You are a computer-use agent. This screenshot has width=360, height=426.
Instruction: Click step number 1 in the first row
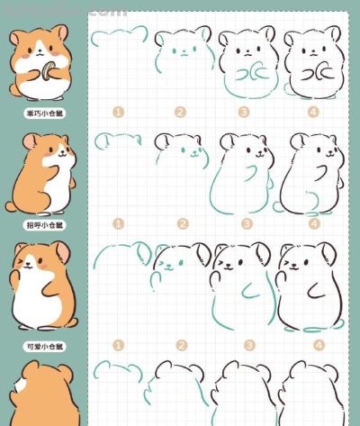(117, 112)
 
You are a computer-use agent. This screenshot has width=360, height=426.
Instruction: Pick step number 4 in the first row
(312, 112)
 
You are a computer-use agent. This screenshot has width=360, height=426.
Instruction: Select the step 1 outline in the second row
(117, 144)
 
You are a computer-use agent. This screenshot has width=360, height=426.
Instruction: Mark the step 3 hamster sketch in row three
(243, 288)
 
